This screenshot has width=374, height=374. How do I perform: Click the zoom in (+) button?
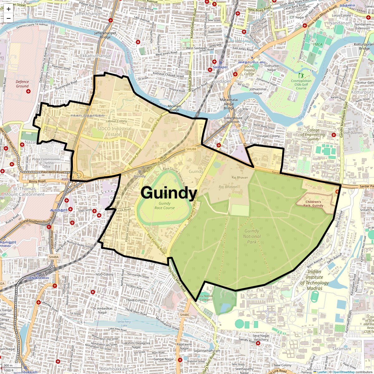click(x=8, y=9)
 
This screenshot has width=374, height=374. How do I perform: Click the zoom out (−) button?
click(x=8, y=18)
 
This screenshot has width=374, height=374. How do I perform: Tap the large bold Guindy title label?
click(x=169, y=193)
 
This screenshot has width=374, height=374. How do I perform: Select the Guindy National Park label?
click(x=252, y=236)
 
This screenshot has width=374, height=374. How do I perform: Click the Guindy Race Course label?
click(x=165, y=205)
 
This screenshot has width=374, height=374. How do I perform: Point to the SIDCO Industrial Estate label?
click(x=114, y=131)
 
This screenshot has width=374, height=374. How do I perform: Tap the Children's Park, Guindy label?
click(x=313, y=204)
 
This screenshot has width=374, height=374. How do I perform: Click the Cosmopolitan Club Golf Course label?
click(x=301, y=84)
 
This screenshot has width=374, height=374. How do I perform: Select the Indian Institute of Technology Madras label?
click(x=314, y=280)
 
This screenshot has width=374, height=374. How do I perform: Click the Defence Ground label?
click(x=22, y=84)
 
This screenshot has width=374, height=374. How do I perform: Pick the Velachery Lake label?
click(x=124, y=324)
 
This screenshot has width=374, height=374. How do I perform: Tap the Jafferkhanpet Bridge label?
click(x=105, y=35)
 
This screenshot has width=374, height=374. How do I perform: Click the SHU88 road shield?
click(x=191, y=149)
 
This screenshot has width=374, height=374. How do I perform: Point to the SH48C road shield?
click(x=185, y=315)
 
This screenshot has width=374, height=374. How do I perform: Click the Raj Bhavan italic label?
click(x=228, y=187)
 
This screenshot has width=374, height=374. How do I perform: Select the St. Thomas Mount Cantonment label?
click(x=24, y=191)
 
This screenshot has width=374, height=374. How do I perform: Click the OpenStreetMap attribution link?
click(x=343, y=372)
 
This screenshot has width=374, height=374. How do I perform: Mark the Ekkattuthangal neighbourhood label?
click(x=96, y=56)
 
